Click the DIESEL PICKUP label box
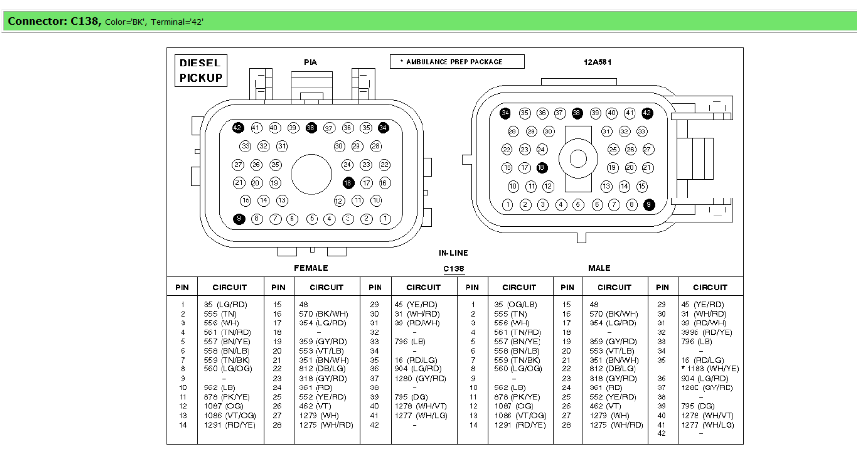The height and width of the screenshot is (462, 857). (x=201, y=70)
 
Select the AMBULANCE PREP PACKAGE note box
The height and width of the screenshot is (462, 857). (x=457, y=62)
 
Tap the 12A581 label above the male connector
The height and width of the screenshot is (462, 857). (x=598, y=62)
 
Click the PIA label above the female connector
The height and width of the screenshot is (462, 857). (x=310, y=62)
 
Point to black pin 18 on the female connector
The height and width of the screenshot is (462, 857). (x=348, y=183)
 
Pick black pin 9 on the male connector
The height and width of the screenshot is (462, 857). (x=649, y=205)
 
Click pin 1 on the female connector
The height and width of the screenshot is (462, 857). (x=385, y=219)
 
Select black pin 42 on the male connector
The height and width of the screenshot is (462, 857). (x=647, y=113)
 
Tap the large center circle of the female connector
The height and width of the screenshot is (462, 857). (x=312, y=174)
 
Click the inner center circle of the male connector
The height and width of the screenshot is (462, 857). (x=578, y=159)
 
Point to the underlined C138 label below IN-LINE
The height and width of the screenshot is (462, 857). (x=453, y=269)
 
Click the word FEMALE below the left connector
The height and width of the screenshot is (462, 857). (x=311, y=268)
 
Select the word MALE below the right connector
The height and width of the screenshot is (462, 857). (x=599, y=268)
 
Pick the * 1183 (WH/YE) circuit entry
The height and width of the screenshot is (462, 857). (x=710, y=369)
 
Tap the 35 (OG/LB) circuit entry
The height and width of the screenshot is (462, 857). (x=515, y=305)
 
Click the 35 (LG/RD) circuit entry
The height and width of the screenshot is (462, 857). (x=225, y=305)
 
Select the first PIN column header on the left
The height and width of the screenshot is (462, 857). (x=182, y=287)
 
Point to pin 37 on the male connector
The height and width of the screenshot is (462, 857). (x=559, y=113)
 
